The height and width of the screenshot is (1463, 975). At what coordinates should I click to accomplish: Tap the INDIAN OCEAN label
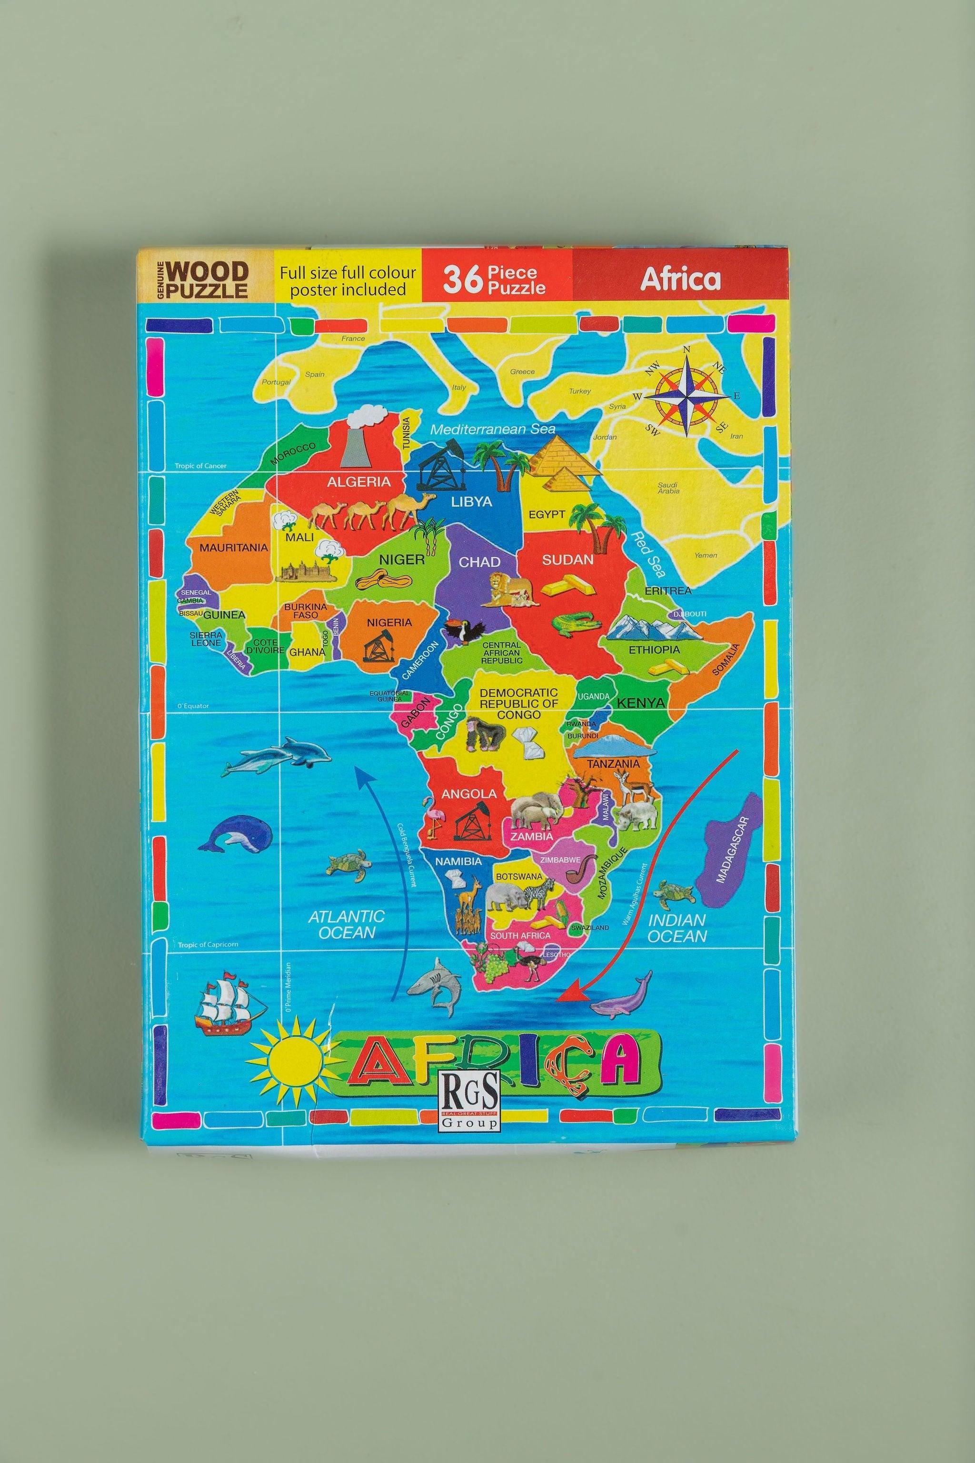(x=677, y=928)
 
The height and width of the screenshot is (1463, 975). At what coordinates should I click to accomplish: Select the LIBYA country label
(x=471, y=501)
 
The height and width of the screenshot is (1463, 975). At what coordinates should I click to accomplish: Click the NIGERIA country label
(x=389, y=622)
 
